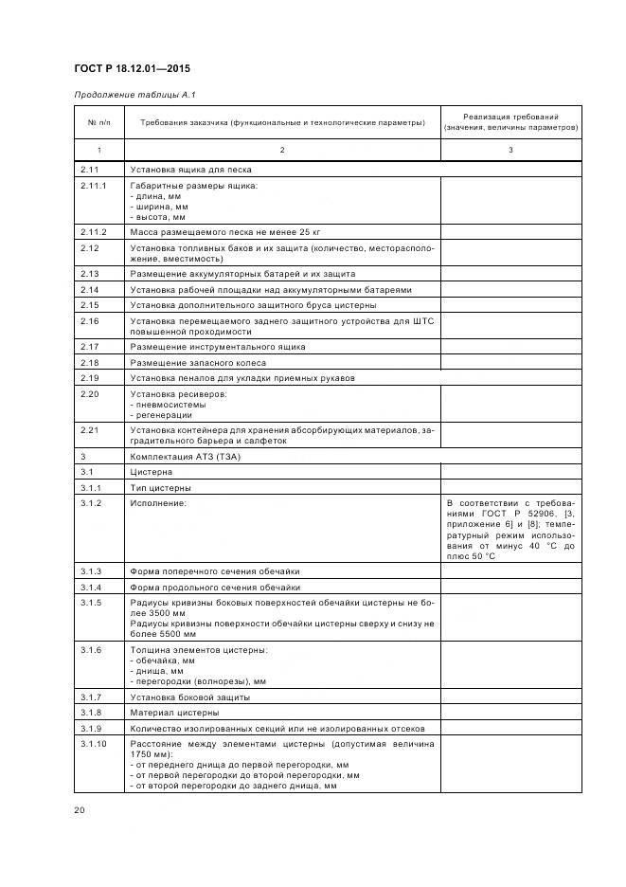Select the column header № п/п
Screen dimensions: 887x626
tap(98, 122)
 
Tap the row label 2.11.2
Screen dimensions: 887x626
tap(94, 231)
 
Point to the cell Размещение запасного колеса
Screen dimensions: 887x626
tap(198, 363)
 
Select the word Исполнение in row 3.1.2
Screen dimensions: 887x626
tap(158, 502)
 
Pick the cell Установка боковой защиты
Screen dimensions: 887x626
tap(189, 697)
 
